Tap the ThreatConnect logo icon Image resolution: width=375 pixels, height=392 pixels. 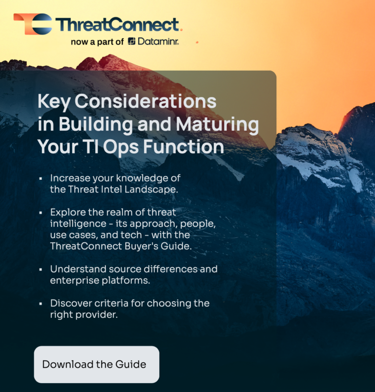(33, 24)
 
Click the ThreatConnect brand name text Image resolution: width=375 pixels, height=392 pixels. (119, 24)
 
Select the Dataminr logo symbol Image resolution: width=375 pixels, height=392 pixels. (131, 42)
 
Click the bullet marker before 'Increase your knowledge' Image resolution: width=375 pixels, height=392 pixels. (41, 179)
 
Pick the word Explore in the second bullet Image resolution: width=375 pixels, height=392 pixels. (66, 213)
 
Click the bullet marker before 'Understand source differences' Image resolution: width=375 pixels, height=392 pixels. (41, 270)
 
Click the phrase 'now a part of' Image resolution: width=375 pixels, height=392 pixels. (97, 42)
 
